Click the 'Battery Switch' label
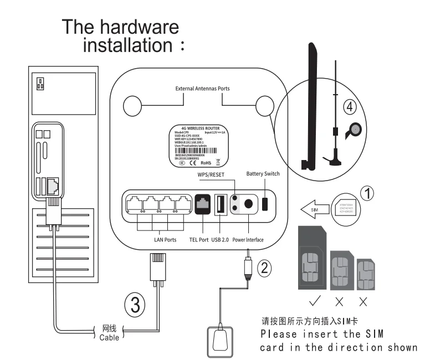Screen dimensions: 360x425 (x=263, y=174)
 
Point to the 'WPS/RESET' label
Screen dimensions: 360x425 (x=213, y=176)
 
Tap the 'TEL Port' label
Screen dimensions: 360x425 (x=199, y=240)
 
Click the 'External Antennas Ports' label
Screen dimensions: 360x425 (x=202, y=89)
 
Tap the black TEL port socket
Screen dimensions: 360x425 (x=202, y=204)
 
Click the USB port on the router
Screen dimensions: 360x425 (x=221, y=204)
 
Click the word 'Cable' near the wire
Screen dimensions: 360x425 (x=108, y=337)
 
